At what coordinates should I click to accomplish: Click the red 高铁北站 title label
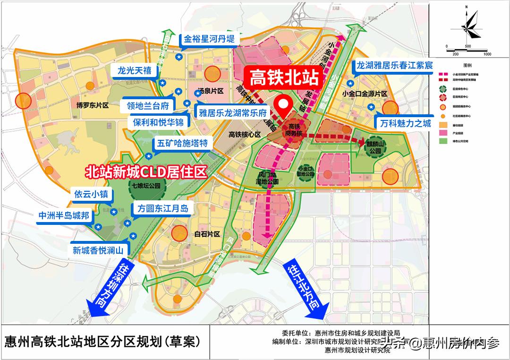pos(283,77)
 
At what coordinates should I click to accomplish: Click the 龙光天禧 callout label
pos(135,70)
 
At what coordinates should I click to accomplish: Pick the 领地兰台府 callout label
pos(147,105)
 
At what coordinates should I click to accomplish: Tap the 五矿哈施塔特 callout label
pos(181,143)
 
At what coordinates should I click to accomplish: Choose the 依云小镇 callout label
pos(91,194)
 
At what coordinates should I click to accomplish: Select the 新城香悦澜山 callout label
pos(98,250)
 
